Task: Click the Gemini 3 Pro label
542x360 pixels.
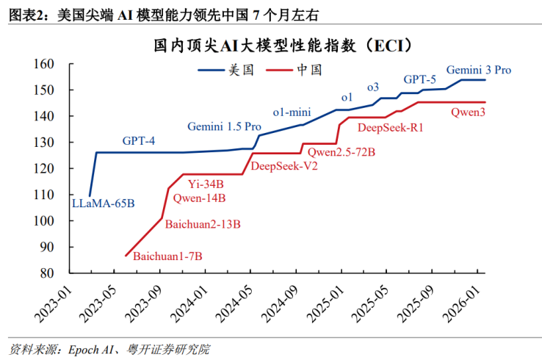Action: (x=478, y=70)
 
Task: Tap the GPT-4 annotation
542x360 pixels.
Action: (x=139, y=141)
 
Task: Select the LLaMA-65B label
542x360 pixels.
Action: (x=103, y=204)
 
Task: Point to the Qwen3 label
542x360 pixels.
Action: (x=468, y=112)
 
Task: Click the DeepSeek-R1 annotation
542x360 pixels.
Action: (x=390, y=128)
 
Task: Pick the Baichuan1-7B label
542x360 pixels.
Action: (x=167, y=256)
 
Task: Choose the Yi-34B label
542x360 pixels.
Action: (x=206, y=184)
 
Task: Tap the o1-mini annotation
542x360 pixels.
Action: (x=292, y=112)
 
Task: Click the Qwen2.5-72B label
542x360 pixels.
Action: (x=342, y=152)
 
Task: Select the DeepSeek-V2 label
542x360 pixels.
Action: (x=284, y=166)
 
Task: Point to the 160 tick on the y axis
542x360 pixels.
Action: (x=43, y=64)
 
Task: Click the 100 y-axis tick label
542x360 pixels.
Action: (x=43, y=220)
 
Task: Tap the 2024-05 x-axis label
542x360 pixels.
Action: (x=234, y=304)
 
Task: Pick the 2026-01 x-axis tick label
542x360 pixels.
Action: (x=462, y=304)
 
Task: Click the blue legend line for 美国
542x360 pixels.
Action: (x=212, y=71)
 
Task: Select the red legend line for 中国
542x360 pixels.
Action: (x=279, y=71)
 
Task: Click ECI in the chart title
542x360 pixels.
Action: (x=389, y=46)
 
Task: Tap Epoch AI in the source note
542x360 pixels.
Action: (x=91, y=350)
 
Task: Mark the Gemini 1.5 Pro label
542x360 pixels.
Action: (x=224, y=126)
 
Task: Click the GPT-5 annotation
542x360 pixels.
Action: (x=419, y=79)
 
